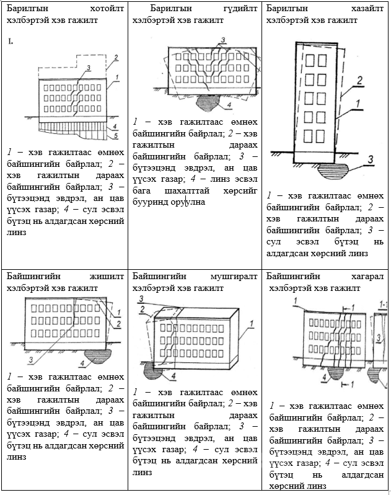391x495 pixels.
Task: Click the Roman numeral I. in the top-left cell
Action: (11, 42)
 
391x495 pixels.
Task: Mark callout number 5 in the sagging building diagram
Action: (116, 135)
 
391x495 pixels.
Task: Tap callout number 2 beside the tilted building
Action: (358, 80)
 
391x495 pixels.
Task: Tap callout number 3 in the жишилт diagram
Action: (30, 359)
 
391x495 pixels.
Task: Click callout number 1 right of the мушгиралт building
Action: (253, 323)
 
